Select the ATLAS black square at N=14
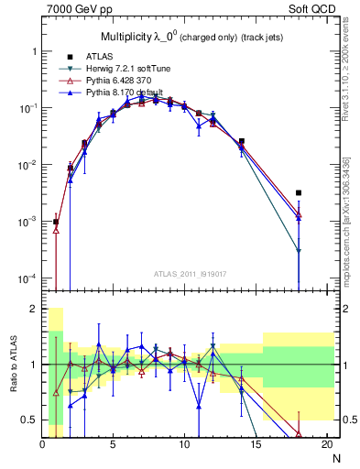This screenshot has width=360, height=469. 242,141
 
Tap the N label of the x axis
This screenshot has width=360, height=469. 335,459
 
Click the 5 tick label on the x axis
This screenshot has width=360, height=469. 113,445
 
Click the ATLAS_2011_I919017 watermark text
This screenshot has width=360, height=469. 185,274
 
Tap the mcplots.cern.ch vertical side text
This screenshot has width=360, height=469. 345,220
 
